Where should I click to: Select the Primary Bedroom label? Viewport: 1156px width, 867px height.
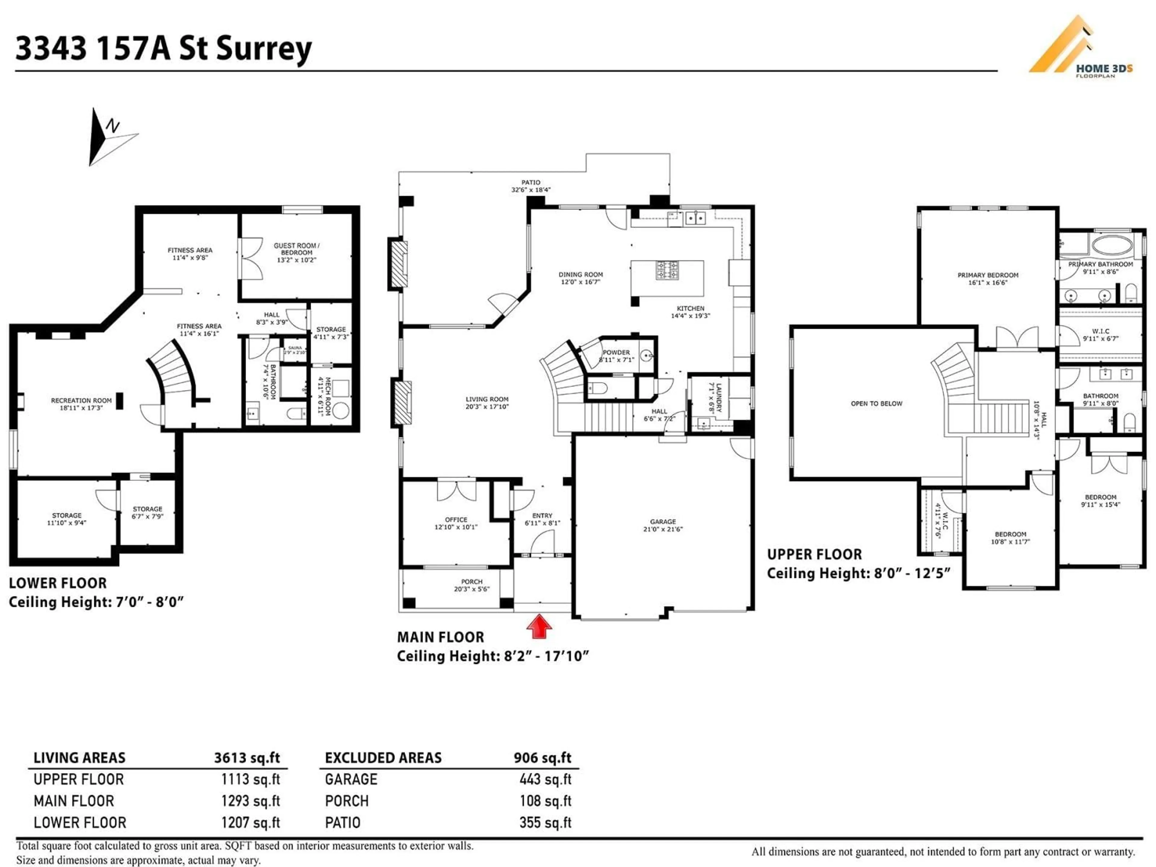tap(988, 278)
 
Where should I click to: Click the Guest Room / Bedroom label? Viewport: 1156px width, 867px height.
tap(296, 252)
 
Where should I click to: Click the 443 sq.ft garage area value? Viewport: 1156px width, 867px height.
tap(545, 779)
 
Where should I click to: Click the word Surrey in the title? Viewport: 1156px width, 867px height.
tap(264, 48)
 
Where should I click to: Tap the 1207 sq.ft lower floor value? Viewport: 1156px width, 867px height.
tap(250, 822)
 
